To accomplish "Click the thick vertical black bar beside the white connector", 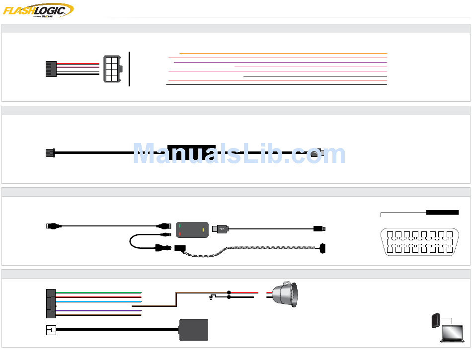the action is pos(129,69).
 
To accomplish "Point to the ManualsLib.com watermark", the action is pos(239,154).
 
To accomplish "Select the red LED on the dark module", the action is pos(179,233).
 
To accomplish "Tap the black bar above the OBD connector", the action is pos(442,213).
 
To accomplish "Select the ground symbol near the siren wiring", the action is pos(212,298).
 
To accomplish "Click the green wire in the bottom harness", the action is pos(99,292).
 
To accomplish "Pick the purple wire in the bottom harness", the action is pos(99,310).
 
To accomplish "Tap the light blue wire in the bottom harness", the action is pos(99,301).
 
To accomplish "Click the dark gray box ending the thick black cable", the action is pos(193,330).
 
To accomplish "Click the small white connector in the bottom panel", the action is pos(51,330).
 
